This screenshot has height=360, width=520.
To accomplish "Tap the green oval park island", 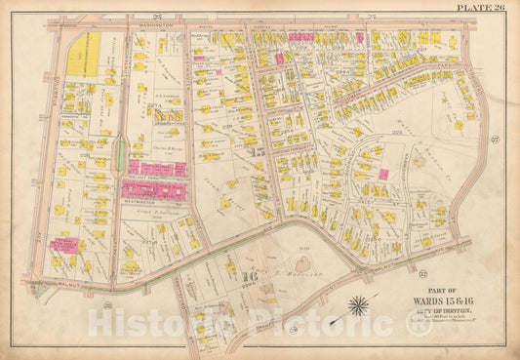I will point(119,154).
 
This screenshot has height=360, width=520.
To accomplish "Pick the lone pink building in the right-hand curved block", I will point(383,174).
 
